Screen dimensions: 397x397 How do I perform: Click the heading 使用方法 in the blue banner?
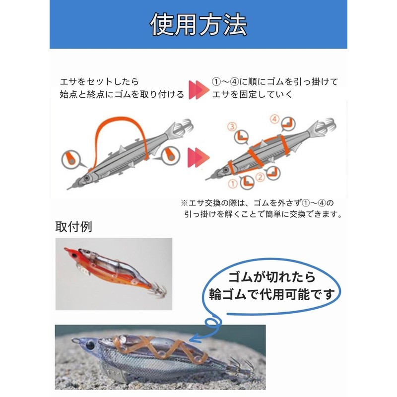[198, 24]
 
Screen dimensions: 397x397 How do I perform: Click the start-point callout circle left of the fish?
[69, 158]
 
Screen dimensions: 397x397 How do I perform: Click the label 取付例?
[73, 227]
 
